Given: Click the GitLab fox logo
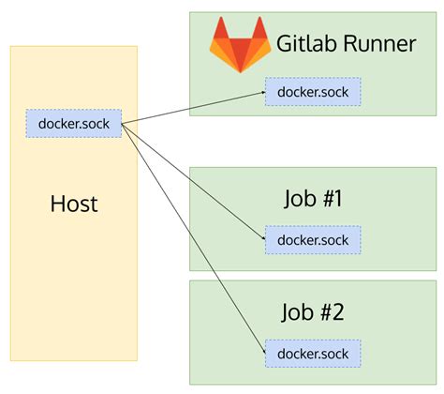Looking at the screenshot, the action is [240, 45].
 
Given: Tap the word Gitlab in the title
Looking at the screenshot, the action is [307, 43].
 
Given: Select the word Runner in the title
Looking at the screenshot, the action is [379, 44].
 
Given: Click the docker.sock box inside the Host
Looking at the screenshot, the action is [74, 124].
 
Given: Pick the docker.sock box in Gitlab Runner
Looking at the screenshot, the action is [313, 92].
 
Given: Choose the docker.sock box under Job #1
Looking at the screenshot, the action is [313, 240].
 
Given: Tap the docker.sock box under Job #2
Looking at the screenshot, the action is [313, 354].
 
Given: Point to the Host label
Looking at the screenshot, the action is [74, 204].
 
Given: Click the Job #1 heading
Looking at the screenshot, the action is [313, 199].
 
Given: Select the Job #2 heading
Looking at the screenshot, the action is [313, 312].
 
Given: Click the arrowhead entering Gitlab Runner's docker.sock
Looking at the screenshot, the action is [263, 93].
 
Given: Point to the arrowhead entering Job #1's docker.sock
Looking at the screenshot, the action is [263, 238].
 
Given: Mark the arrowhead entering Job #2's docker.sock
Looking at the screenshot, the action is [264, 351].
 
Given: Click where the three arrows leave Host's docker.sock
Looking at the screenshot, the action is [122, 125].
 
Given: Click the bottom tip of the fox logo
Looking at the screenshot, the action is [241, 72].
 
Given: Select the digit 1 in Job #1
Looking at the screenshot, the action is [337, 198].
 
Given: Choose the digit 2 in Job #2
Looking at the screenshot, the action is [337, 311].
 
